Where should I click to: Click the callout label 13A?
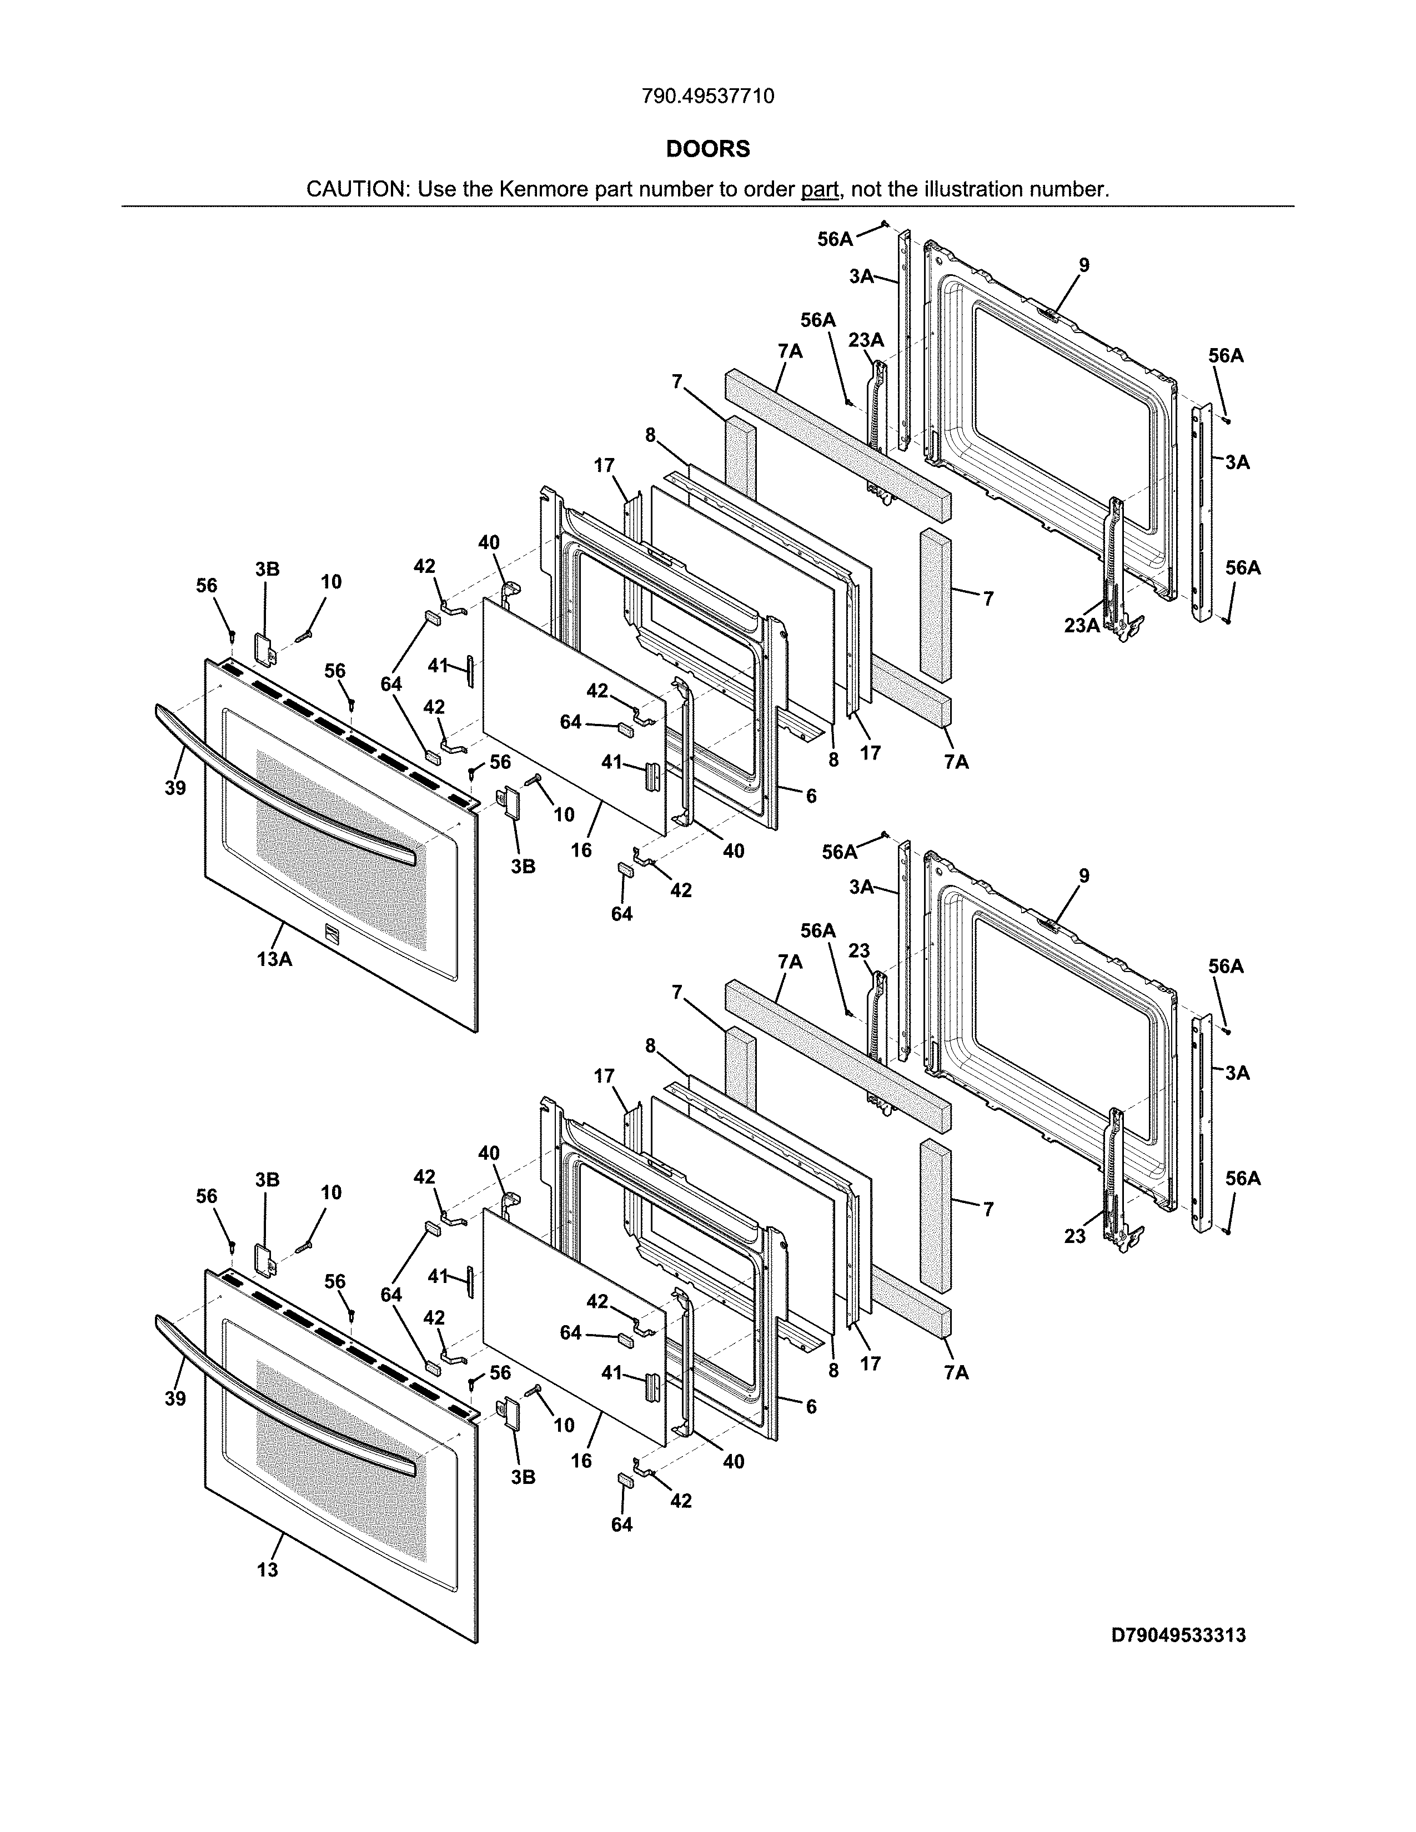(x=274, y=959)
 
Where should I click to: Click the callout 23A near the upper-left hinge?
(x=866, y=340)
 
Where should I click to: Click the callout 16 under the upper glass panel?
(x=581, y=850)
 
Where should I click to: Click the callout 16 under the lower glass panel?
(x=581, y=1461)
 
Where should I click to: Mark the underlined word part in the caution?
(x=820, y=189)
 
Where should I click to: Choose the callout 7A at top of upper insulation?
(x=790, y=351)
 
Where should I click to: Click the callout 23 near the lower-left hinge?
(x=859, y=951)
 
